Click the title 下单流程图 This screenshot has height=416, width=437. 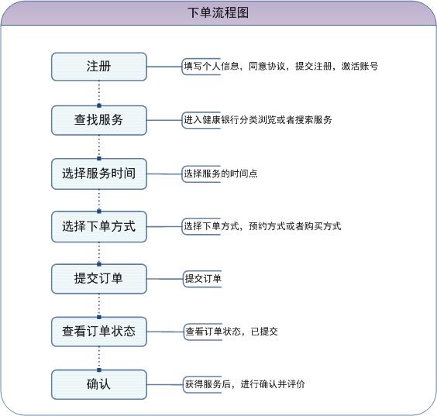218,12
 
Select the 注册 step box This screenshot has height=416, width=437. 99,67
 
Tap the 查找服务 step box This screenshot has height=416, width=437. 99,120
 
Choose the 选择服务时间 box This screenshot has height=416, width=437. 99,174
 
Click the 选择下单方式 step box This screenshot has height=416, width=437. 99,226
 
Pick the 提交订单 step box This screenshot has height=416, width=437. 99,279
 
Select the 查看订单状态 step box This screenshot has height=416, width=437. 99,332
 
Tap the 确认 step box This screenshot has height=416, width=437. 99,384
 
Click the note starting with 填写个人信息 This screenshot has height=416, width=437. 280,67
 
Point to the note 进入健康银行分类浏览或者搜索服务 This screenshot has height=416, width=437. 257,120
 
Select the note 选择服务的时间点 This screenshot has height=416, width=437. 219,174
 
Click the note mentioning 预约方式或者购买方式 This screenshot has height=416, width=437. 261,226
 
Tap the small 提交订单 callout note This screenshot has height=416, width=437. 202,279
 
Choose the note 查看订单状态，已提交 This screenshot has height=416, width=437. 231,332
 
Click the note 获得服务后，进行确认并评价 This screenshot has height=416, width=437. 244,384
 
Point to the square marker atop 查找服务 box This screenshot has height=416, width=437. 99,105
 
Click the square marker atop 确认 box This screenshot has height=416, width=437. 99,370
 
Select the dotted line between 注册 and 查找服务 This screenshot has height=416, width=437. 99,92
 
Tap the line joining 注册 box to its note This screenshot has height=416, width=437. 164,67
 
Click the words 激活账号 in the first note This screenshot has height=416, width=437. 360,67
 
